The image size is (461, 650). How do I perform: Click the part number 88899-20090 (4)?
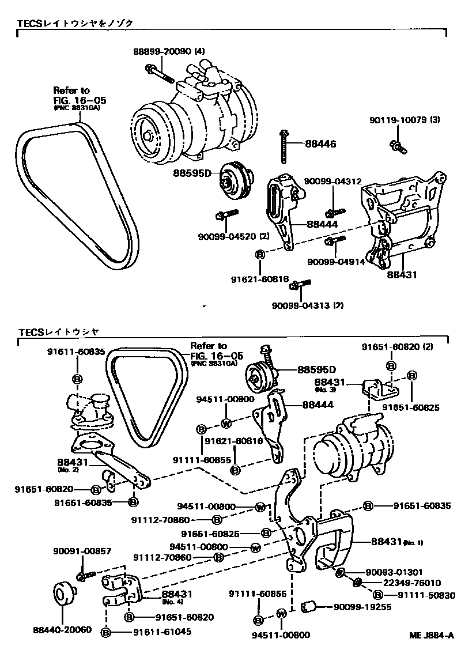click(x=169, y=51)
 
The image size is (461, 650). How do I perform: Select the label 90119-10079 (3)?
click(x=405, y=120)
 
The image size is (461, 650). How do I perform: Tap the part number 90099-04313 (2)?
click(x=308, y=305)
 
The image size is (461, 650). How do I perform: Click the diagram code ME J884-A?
click(x=432, y=635)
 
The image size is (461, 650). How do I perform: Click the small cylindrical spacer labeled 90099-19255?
click(x=311, y=607)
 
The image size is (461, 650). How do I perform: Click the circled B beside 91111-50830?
click(x=377, y=594)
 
